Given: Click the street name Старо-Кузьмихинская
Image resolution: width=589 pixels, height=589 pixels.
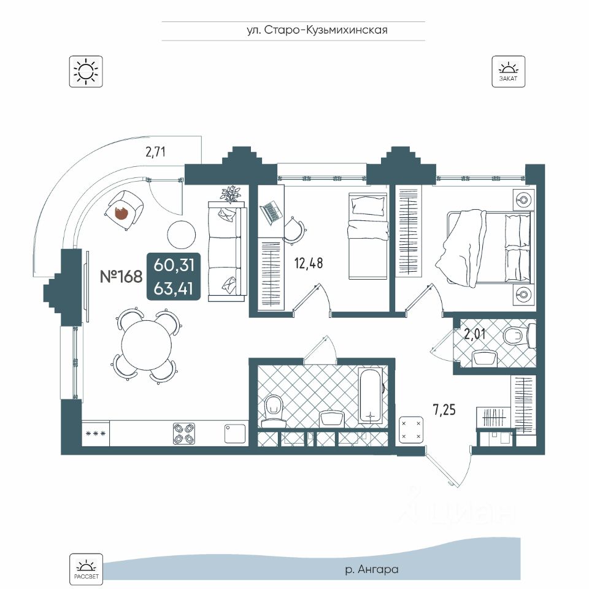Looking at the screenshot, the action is click(x=326, y=30).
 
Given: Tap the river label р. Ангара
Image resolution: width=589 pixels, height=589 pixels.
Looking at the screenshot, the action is click(x=372, y=569).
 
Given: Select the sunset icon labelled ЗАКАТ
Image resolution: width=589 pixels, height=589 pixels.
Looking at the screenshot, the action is click(x=508, y=71).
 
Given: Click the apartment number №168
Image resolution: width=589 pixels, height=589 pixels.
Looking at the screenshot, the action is click(x=121, y=277).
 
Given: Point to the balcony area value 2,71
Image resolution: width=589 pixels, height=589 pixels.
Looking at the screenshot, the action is click(x=155, y=152).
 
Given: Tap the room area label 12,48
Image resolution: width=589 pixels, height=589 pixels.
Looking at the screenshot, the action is click(x=309, y=263).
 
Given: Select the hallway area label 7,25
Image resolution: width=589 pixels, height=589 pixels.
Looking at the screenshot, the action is click(x=444, y=409).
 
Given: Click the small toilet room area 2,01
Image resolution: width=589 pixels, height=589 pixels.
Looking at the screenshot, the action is click(x=475, y=334).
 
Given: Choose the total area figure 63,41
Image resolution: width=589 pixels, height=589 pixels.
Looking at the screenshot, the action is click(x=174, y=289).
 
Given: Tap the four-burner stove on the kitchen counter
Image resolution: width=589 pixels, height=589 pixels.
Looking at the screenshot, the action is click(x=184, y=434).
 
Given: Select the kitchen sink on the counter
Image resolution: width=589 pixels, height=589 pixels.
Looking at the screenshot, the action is click(x=235, y=434).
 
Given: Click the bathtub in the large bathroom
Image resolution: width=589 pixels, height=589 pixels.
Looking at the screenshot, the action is click(x=371, y=396).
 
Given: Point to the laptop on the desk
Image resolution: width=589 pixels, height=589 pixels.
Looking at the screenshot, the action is click(x=271, y=212).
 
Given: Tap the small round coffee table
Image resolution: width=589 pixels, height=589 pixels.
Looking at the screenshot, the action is click(x=182, y=234).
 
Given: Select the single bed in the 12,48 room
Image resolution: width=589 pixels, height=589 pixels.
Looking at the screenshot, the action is click(x=368, y=236).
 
